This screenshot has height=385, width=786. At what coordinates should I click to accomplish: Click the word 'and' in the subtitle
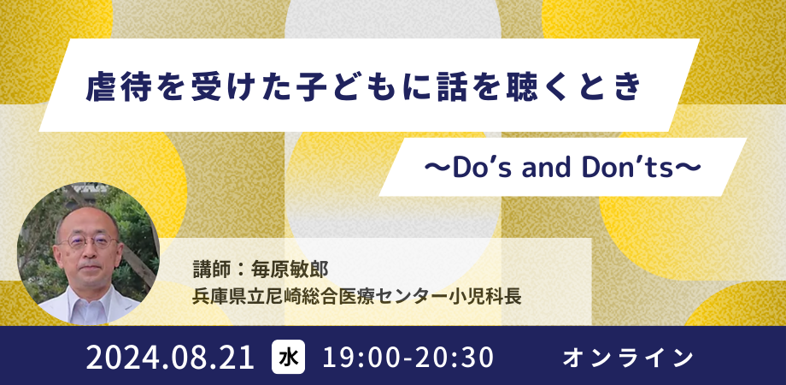tap(557, 169)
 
